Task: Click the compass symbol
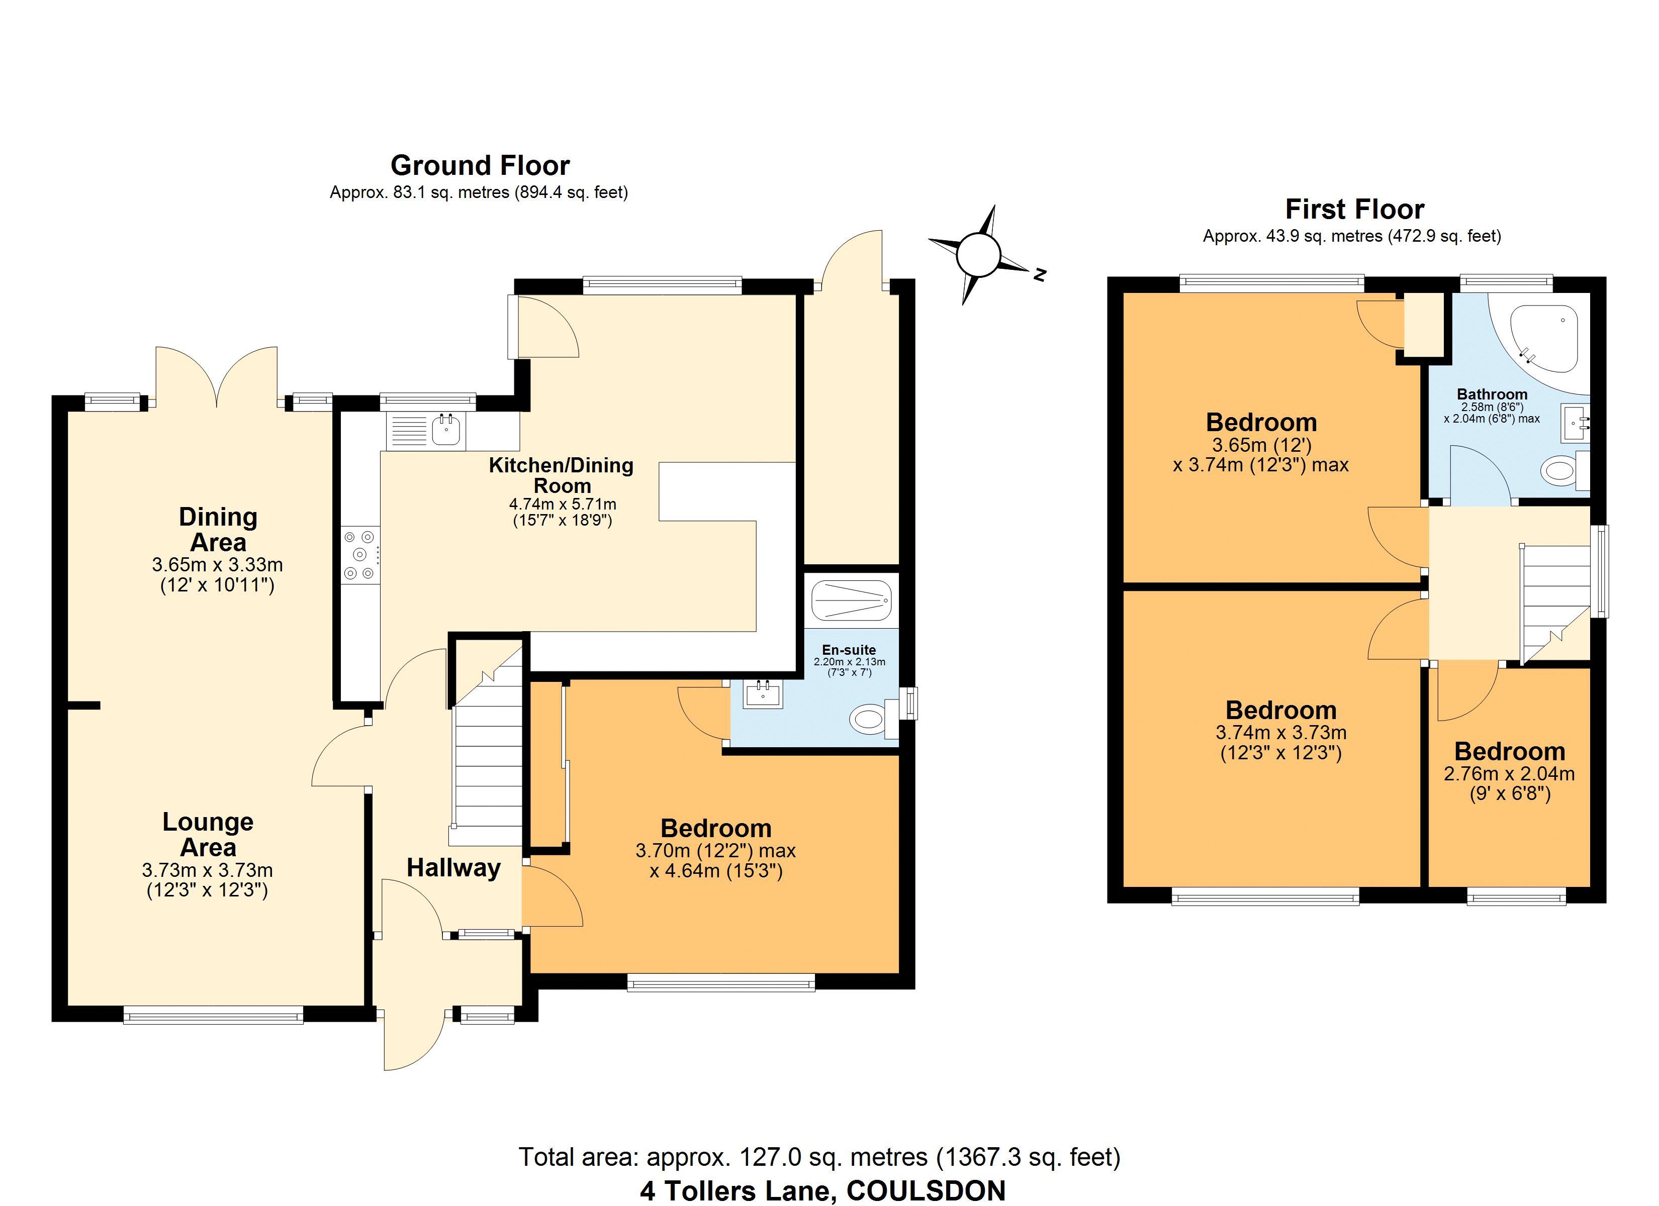tap(978, 254)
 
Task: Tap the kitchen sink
tap(426, 430)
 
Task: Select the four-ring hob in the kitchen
tap(360, 556)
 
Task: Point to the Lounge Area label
tap(208, 835)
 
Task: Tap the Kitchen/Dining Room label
tap(561, 475)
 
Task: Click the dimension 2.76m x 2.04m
tap(1510, 774)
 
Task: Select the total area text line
tap(819, 1157)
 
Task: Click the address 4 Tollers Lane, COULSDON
tap(823, 1190)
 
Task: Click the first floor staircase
tap(1555, 604)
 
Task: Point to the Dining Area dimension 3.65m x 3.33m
tap(217, 565)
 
